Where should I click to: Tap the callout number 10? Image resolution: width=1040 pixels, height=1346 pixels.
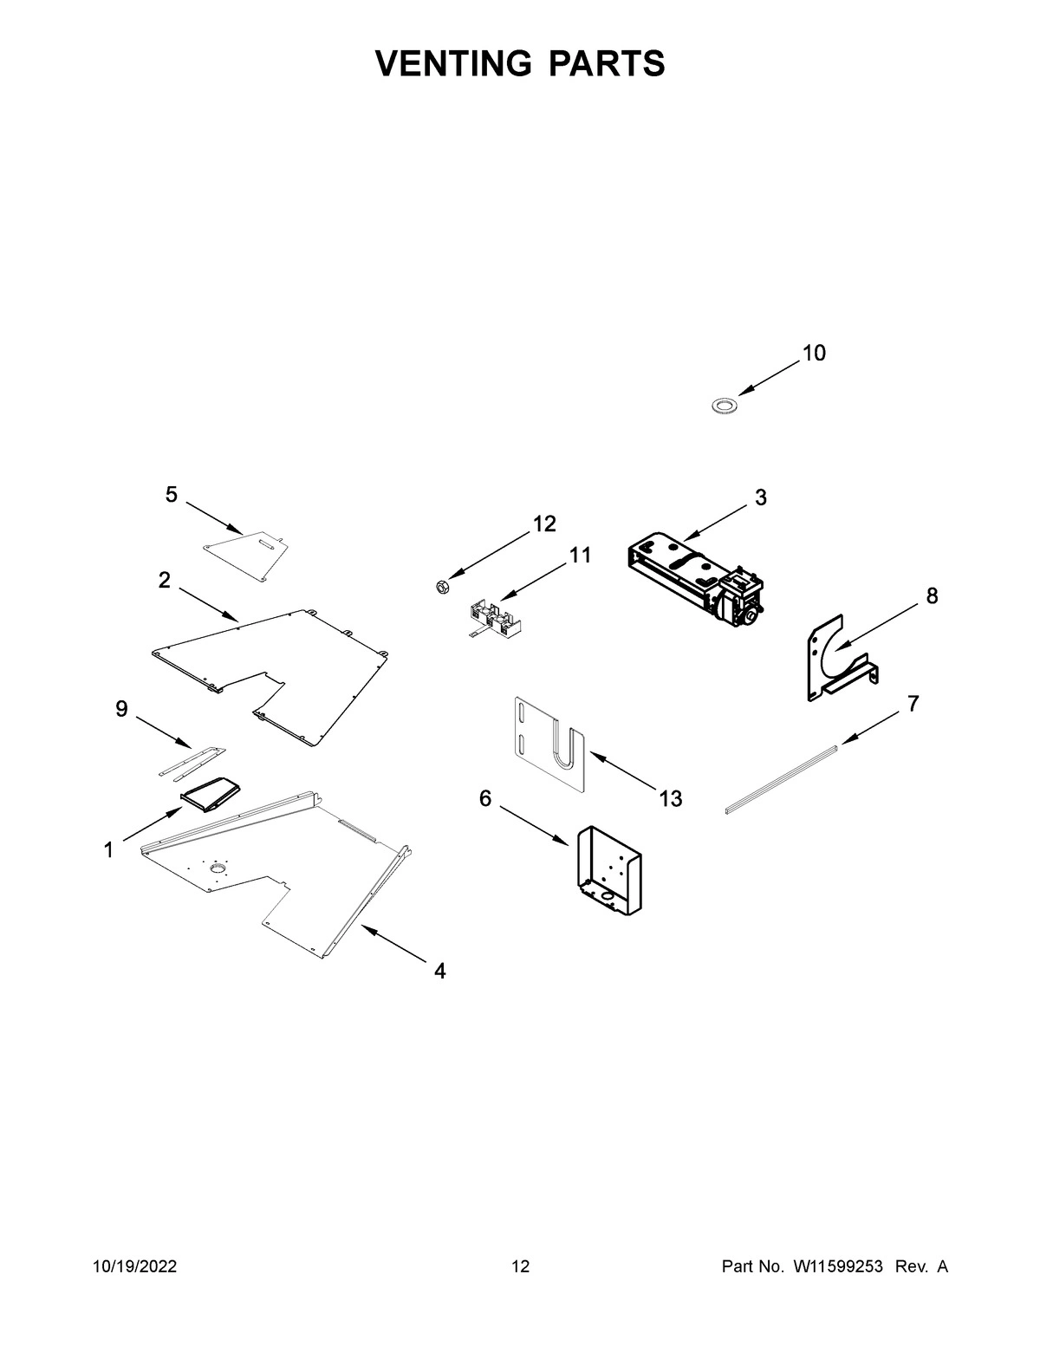pyautogui.click(x=814, y=354)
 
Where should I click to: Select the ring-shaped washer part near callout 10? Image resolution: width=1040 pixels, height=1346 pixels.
pyautogui.click(x=723, y=405)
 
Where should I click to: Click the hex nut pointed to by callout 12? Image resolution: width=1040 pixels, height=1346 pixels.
pyautogui.click(x=440, y=587)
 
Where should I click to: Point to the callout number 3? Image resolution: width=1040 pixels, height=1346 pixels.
pyautogui.click(x=760, y=498)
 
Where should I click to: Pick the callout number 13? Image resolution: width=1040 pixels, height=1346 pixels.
pyautogui.click(x=670, y=798)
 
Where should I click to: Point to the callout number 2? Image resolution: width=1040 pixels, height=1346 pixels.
pyautogui.click(x=164, y=581)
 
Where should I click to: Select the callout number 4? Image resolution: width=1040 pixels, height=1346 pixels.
pyautogui.click(x=440, y=972)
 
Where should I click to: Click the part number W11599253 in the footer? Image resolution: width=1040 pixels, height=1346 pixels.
pyautogui.click(x=836, y=1268)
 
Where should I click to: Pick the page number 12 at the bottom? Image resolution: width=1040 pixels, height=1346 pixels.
pyautogui.click(x=520, y=1268)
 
